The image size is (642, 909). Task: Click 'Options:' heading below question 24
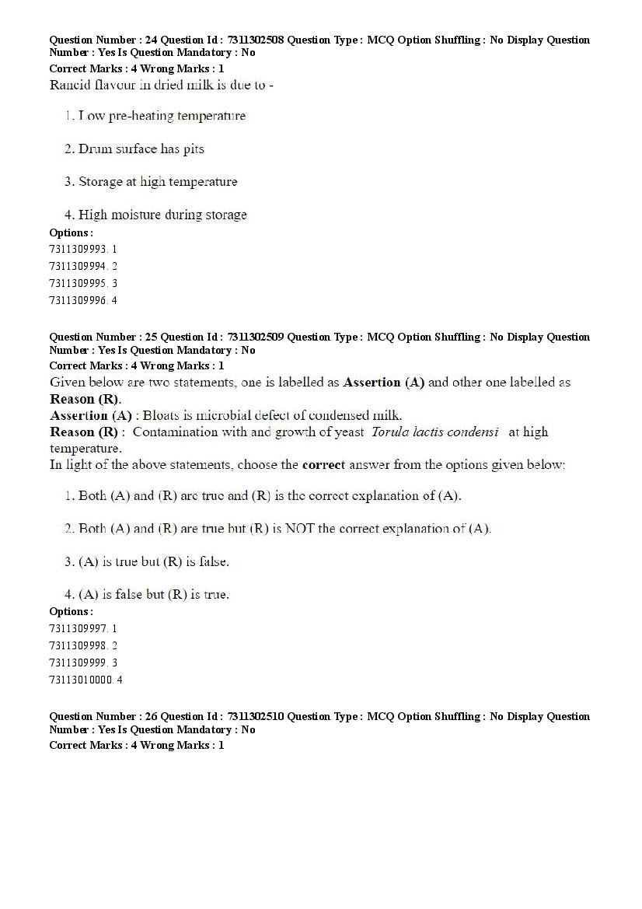71,233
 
